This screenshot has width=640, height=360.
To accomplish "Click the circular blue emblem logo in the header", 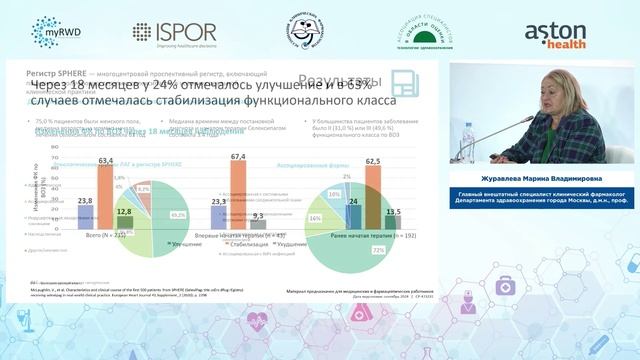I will [299, 32].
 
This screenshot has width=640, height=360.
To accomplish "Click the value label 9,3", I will [257, 216].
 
